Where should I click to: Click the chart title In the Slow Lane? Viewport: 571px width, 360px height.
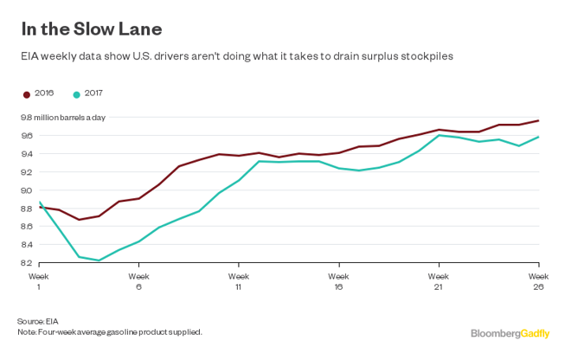[x=92, y=29]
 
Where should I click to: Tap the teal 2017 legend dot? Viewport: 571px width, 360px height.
[x=77, y=92]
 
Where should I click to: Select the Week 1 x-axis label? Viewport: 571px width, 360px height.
[x=39, y=280]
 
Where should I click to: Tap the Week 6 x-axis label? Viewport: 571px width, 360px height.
[x=138, y=280]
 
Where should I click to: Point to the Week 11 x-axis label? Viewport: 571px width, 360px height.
[x=239, y=280]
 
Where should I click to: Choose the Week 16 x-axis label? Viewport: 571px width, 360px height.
[x=339, y=280]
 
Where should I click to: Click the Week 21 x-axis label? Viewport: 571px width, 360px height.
[x=439, y=280]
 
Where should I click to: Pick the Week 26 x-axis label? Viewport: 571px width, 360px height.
[x=538, y=280]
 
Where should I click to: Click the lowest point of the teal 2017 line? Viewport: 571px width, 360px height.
[x=99, y=260]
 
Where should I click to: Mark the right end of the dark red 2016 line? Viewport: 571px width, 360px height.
[x=539, y=120]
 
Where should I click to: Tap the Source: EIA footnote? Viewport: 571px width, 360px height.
[x=40, y=320]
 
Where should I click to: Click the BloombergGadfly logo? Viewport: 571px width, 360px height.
[x=510, y=332]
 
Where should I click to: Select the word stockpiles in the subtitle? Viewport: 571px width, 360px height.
[x=426, y=55]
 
